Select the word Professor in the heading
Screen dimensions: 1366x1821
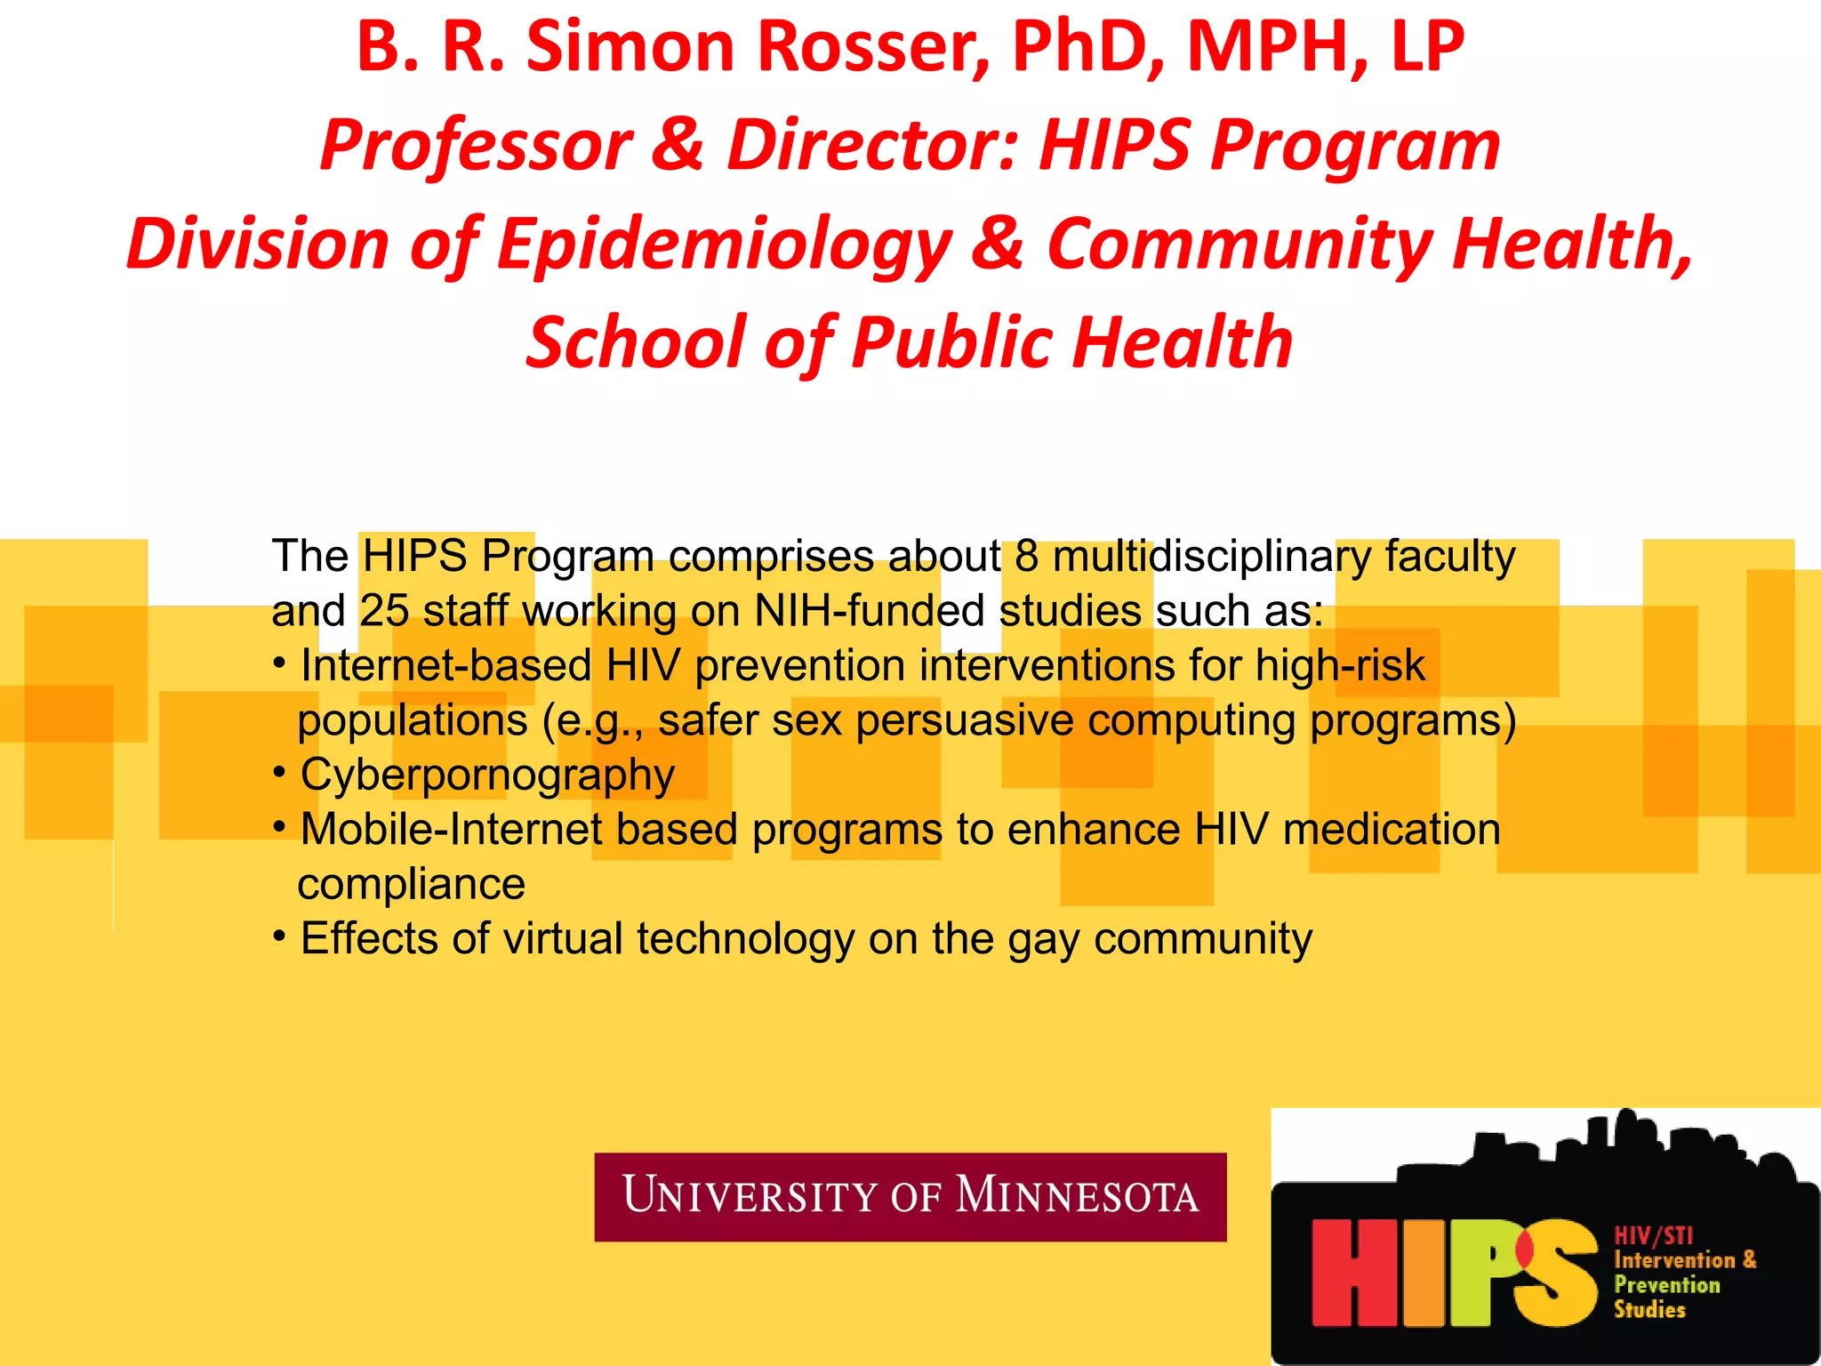[x=476, y=145]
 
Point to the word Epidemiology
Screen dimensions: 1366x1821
[x=725, y=245]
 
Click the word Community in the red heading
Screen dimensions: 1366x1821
[x=1240, y=245]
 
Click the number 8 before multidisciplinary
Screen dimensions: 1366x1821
[x=1027, y=557]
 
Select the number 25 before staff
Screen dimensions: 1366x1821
[x=384, y=612]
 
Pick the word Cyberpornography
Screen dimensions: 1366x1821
[x=487, y=775]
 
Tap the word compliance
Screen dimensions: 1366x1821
[x=412, y=885]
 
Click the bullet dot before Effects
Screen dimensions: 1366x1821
[x=279, y=936]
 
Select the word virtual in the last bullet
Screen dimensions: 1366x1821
[x=563, y=939]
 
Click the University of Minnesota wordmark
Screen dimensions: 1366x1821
[x=910, y=1196]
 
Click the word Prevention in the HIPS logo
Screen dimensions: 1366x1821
[x=1667, y=1285]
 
